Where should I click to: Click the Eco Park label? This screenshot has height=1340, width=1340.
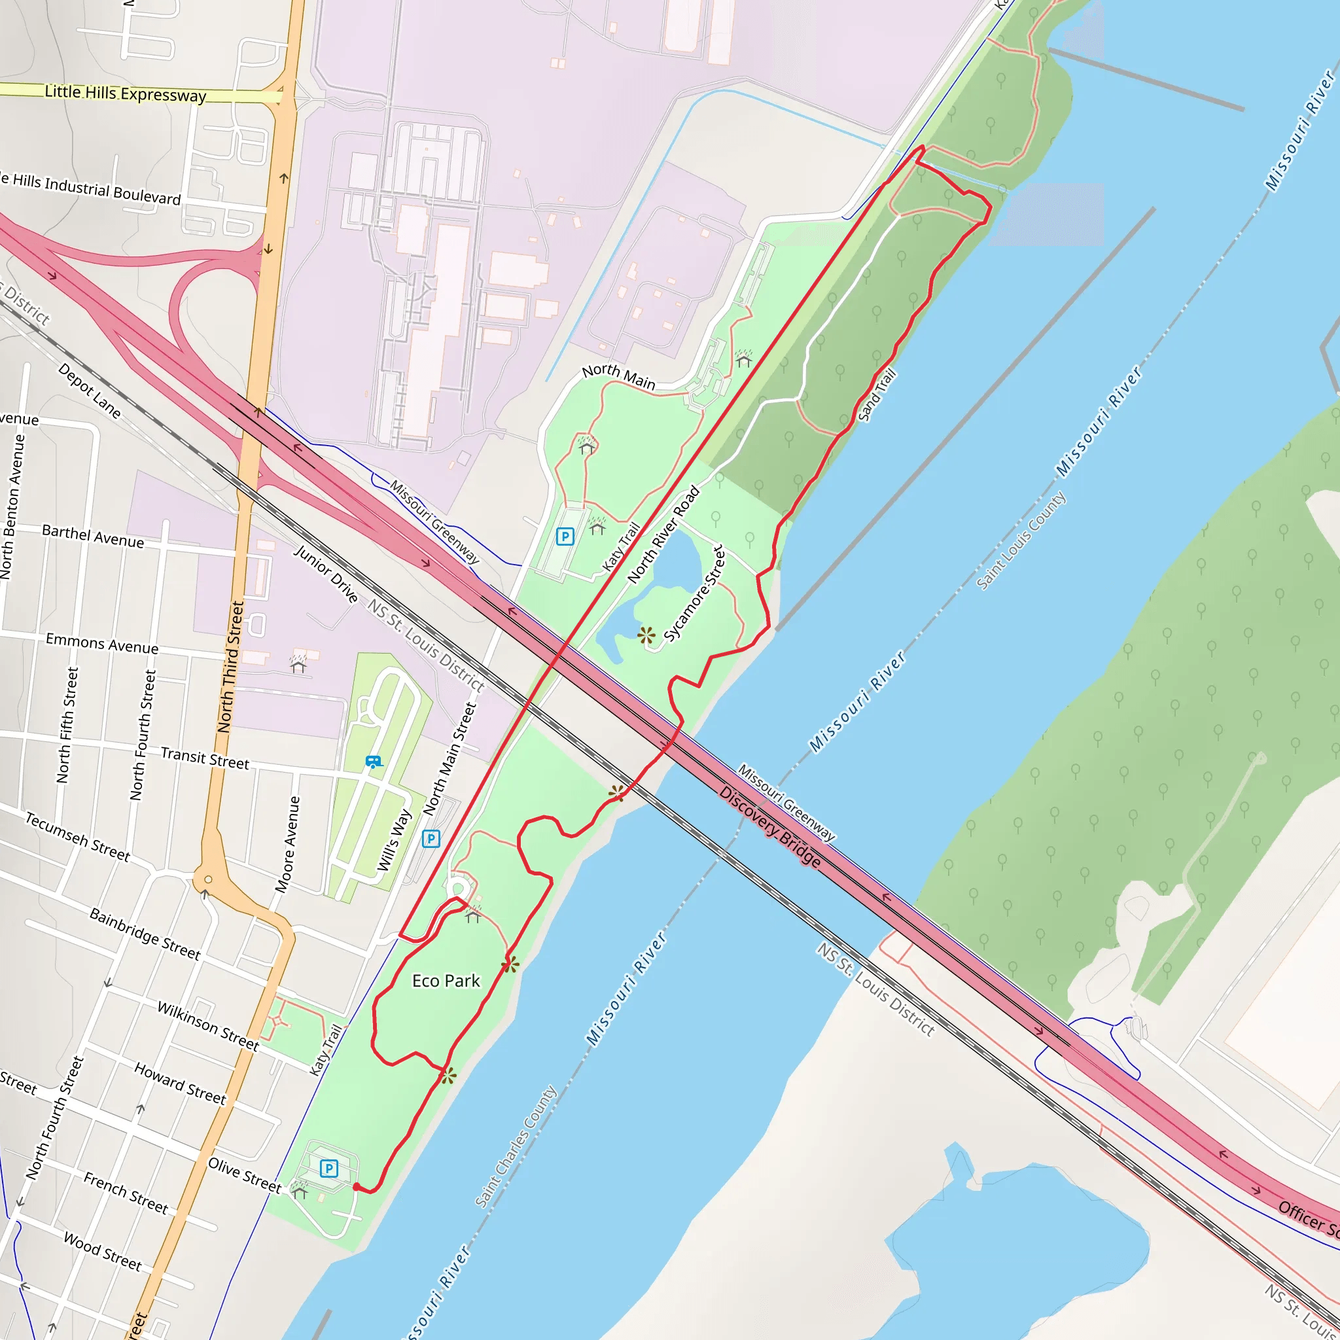pyautogui.click(x=446, y=981)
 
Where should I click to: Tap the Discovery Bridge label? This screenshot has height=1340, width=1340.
pyautogui.click(x=769, y=827)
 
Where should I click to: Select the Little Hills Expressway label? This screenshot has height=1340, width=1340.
pyautogui.click(x=125, y=93)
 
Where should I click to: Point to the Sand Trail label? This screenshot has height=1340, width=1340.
pyautogui.click(x=877, y=395)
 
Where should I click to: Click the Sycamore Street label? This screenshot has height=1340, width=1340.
pyautogui.click(x=694, y=593)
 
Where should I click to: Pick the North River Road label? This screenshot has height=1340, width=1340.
pyautogui.click(x=663, y=534)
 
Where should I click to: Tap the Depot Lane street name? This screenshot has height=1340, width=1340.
pyautogui.click(x=90, y=391)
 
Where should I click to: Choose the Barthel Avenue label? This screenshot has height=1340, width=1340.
pyautogui.click(x=93, y=536)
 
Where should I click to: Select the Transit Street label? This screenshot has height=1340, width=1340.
pyautogui.click(x=205, y=758)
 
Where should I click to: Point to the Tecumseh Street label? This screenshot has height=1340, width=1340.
pyautogui.click(x=78, y=837)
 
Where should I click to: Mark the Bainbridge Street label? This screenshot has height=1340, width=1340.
pyautogui.click(x=145, y=934)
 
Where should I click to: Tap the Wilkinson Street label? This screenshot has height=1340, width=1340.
pyautogui.click(x=207, y=1026)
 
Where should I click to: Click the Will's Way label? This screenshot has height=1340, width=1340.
pyautogui.click(x=394, y=841)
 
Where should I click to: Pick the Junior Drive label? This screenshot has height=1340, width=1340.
pyautogui.click(x=325, y=574)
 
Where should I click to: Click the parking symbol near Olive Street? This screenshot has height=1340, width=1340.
pyautogui.click(x=328, y=1169)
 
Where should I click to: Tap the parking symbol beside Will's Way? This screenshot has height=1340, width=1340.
pyautogui.click(x=431, y=839)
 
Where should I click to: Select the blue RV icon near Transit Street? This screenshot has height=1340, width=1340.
pyautogui.click(x=373, y=762)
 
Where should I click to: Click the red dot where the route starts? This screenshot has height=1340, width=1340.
pyautogui.click(x=357, y=1188)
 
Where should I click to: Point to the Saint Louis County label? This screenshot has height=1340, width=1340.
pyautogui.click(x=1020, y=541)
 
